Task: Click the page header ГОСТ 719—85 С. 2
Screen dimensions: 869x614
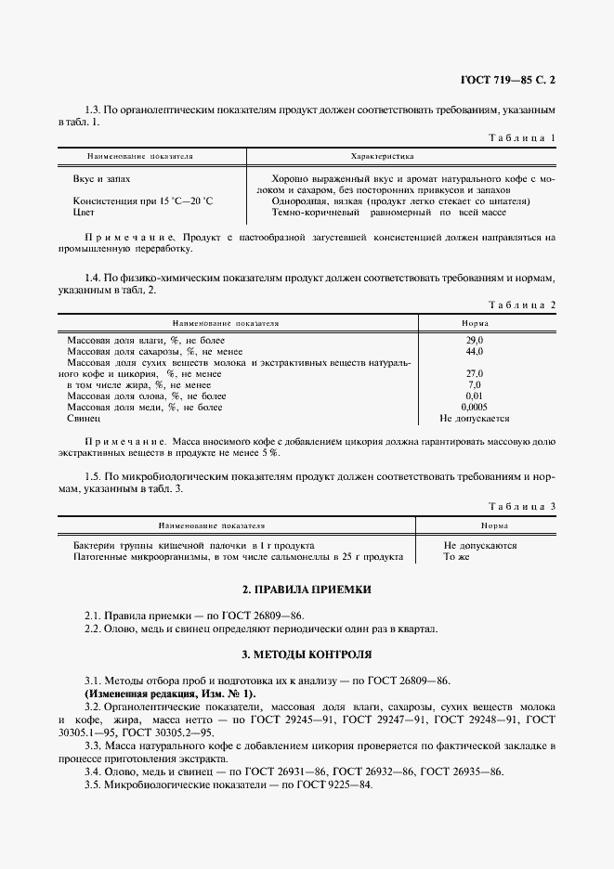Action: point(513,81)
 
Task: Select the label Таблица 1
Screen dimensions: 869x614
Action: point(521,138)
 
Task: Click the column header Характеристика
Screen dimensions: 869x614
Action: point(382,157)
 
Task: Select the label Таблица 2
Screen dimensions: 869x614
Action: point(521,305)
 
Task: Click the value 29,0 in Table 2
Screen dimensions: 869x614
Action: point(474,341)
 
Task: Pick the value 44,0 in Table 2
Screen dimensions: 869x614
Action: point(474,352)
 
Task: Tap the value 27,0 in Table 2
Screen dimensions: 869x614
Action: point(474,374)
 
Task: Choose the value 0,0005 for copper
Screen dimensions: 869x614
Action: point(474,407)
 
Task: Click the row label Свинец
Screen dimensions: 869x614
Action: point(83,418)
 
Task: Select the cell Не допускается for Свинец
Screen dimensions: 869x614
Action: point(474,418)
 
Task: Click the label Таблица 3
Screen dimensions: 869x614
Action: point(521,506)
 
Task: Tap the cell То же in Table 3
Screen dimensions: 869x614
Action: point(456,557)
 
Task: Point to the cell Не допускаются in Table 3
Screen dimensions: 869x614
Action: point(479,546)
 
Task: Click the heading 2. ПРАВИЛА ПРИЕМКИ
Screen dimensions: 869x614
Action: point(307,590)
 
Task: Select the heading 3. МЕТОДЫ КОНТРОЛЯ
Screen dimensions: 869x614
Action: point(307,655)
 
